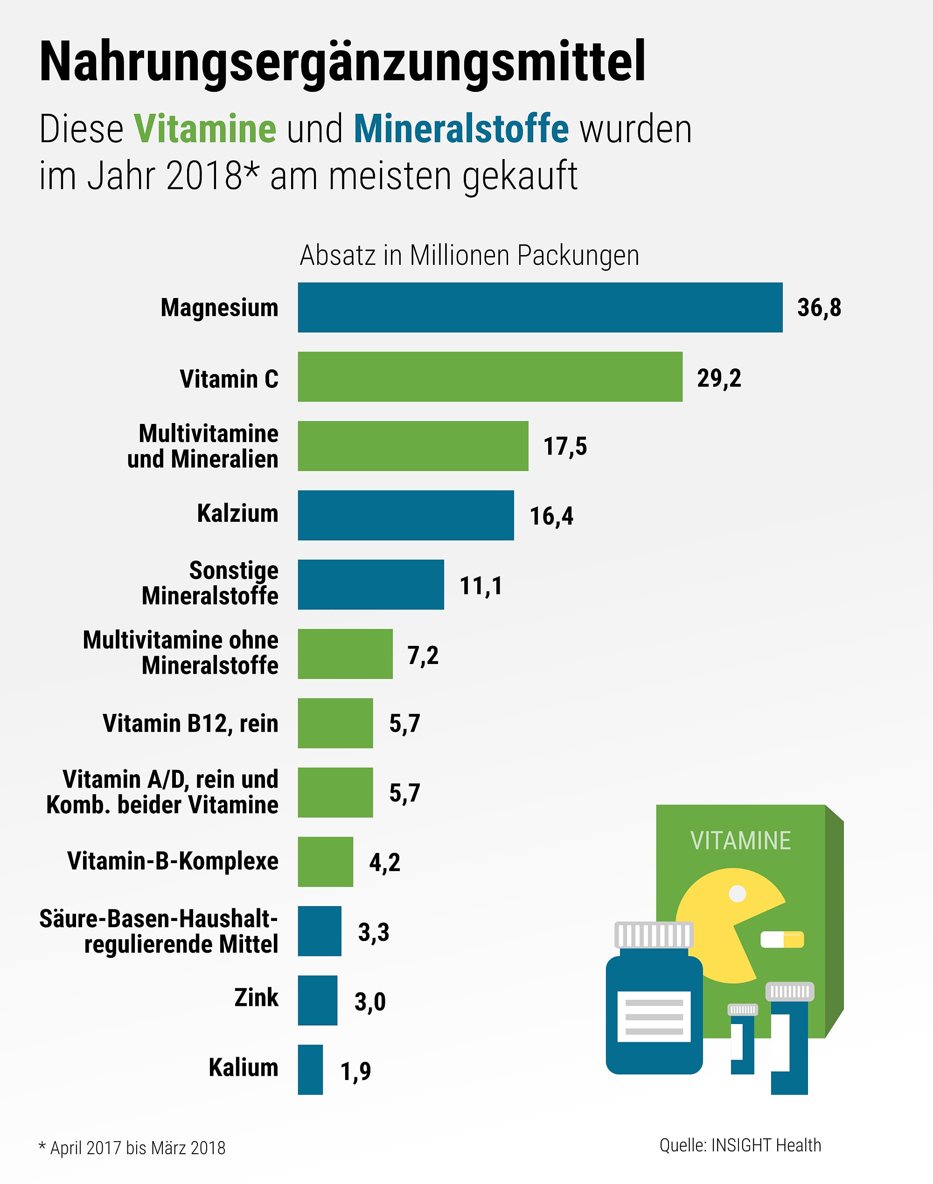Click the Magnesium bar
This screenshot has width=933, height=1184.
540,307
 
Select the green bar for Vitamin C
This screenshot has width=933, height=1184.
489,377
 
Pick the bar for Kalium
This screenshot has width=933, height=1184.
310,1069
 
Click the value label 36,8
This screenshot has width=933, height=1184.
819,307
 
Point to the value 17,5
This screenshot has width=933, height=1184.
565,446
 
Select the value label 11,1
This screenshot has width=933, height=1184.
480,585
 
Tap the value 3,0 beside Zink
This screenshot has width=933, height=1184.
370,1001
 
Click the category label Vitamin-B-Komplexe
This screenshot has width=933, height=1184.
173,861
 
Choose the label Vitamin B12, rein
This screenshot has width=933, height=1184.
190,724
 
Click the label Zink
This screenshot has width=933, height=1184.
256,997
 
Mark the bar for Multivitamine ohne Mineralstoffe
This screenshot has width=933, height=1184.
345,654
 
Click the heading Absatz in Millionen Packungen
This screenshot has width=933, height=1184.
469,256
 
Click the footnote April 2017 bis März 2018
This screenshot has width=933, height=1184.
137,1148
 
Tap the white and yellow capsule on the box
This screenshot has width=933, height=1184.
782,939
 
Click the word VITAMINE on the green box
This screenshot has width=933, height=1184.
740,840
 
